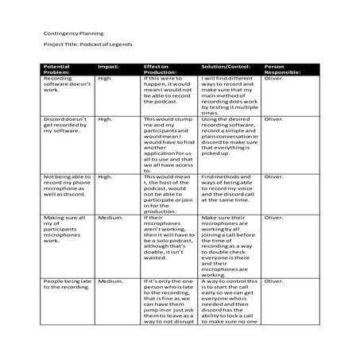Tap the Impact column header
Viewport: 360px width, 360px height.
pos(107,66)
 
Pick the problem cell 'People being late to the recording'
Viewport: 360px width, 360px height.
pos(66,285)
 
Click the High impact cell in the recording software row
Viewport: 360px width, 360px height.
pos(105,79)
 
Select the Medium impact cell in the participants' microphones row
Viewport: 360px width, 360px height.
pos(110,217)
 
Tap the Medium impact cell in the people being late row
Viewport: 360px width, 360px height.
pos(110,281)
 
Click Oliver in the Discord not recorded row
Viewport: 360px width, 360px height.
pos(273,119)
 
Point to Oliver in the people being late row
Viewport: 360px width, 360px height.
pos(273,281)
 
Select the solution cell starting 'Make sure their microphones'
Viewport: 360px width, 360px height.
pos(228,245)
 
